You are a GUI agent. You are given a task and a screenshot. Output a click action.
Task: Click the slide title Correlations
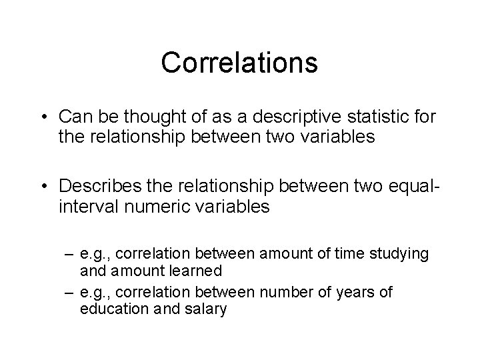pos(239,63)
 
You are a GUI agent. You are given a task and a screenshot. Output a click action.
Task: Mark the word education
pos(111,309)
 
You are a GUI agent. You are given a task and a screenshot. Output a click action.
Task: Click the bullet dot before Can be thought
pos(43,117)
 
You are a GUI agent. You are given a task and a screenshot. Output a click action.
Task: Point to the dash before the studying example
pos(69,255)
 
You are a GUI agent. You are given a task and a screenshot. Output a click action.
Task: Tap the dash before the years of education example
pos(69,293)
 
